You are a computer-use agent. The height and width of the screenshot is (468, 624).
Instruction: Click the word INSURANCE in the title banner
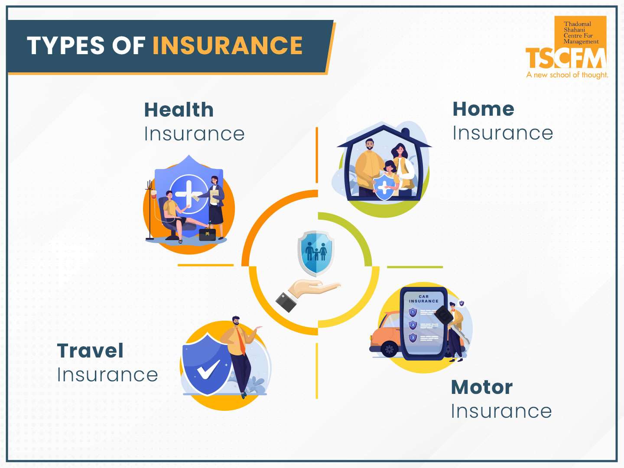click(227, 46)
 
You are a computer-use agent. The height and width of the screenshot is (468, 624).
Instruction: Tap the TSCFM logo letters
click(565, 58)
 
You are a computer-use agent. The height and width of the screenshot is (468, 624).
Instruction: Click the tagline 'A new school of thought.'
click(567, 75)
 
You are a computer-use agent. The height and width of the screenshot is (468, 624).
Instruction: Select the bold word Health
click(179, 110)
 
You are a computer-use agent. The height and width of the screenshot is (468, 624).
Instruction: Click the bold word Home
click(483, 109)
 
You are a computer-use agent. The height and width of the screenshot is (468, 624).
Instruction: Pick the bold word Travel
click(90, 351)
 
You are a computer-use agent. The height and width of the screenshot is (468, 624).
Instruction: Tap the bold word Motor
click(481, 387)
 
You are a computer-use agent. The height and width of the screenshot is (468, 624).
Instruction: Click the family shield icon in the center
click(316, 253)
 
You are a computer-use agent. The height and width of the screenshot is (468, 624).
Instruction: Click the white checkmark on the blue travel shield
click(208, 369)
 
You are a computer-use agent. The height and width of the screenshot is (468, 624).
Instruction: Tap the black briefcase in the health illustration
click(207, 234)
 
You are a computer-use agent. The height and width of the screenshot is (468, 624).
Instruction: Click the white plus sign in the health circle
click(188, 194)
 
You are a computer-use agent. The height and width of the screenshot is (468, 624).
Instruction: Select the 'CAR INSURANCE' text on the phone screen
click(423, 299)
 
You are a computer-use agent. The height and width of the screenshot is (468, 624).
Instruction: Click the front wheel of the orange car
click(390, 348)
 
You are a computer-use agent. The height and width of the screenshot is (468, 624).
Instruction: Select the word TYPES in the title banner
click(66, 46)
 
